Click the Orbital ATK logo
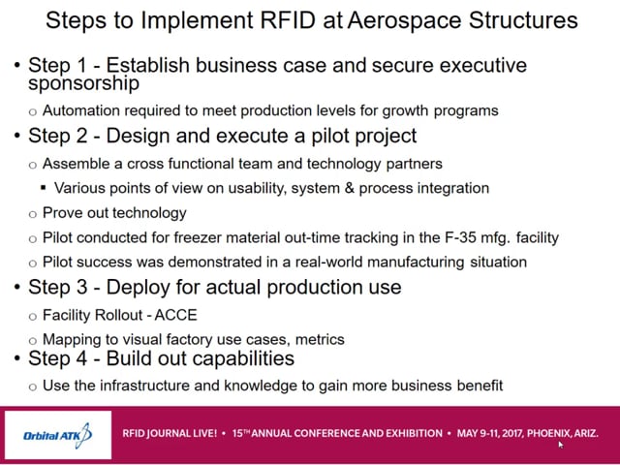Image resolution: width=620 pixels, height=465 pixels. coord(58,435)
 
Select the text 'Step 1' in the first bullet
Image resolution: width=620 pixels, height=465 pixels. coord(57,66)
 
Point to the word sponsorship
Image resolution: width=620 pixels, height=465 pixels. coord(84,84)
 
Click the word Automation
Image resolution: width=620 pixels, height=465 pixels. coord(80,110)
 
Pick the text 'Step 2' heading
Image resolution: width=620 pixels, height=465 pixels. coord(57,136)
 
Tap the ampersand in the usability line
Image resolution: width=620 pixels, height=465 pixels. coord(349,188)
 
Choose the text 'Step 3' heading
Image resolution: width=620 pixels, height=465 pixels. coord(57,287)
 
